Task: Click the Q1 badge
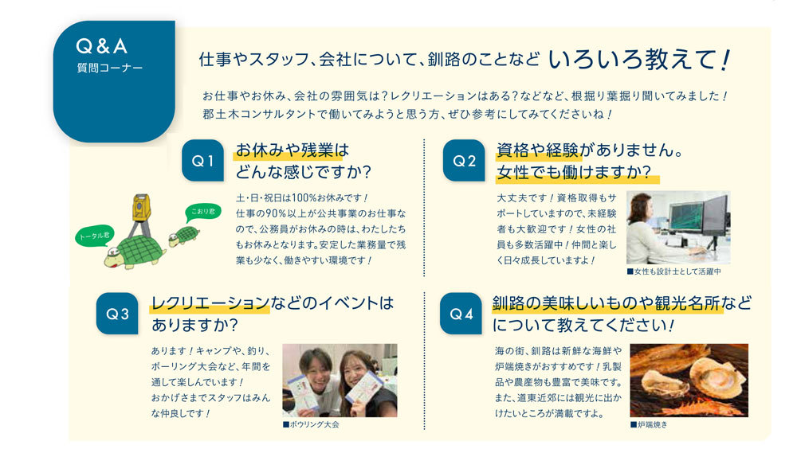pos(202,161)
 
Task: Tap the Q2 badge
pos(464,161)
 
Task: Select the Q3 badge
pos(117,314)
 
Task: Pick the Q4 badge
pos(461,314)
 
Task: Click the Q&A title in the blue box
pos(102,46)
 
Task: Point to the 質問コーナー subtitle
pos(110,68)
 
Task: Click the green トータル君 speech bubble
pos(95,236)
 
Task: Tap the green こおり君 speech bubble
pos(202,211)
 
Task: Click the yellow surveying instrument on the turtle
pos(141,208)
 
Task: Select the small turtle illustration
pos(184,236)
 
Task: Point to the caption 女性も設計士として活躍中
pos(674,271)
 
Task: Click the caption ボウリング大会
pos(311,424)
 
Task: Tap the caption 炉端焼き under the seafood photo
pos(649,424)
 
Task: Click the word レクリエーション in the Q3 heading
pos(210,303)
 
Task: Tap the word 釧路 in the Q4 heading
pos(508,303)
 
